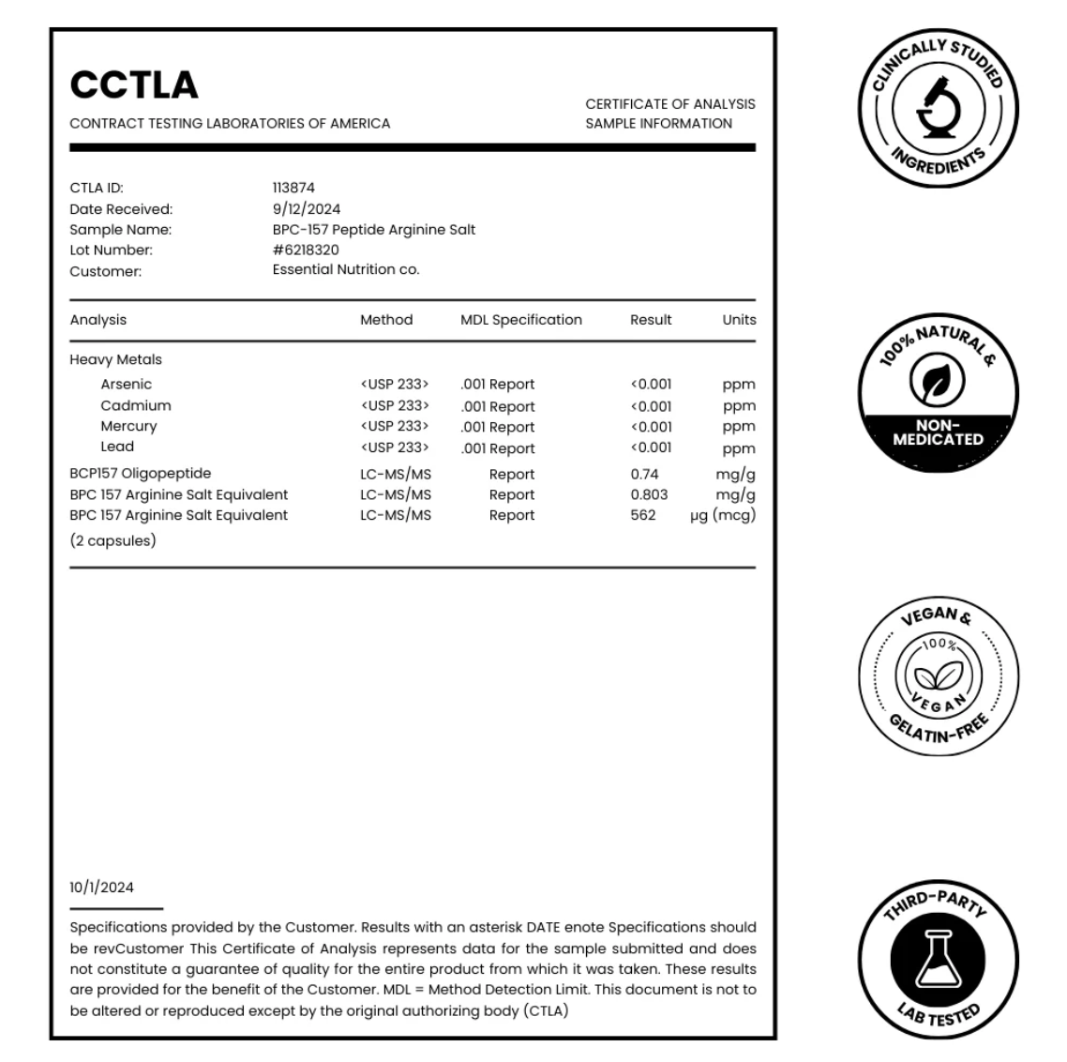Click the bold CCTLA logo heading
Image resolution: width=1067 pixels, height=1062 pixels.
134,85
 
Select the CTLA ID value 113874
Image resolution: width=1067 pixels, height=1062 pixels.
293,188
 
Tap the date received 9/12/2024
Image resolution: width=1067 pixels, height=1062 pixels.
307,209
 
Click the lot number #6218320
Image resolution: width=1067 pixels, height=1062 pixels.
306,250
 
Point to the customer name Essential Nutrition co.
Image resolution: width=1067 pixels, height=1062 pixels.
346,270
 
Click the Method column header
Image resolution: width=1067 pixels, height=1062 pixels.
386,320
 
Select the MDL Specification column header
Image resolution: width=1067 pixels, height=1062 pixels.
520,320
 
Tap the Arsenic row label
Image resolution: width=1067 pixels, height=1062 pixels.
126,385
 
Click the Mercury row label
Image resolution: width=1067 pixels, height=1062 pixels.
128,426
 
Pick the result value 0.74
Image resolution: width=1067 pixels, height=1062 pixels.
644,475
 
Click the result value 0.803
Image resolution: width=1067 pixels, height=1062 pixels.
649,495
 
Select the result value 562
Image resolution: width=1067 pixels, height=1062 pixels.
643,515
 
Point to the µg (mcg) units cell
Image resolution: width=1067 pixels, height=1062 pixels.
722,515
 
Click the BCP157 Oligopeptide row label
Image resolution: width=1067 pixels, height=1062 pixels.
140,474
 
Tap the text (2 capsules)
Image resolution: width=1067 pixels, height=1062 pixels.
113,541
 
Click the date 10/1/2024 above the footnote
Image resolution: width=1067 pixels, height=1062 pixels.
101,888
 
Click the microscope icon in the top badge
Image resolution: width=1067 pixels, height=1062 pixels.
938,106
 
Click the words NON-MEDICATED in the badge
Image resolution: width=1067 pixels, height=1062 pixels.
938,432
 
